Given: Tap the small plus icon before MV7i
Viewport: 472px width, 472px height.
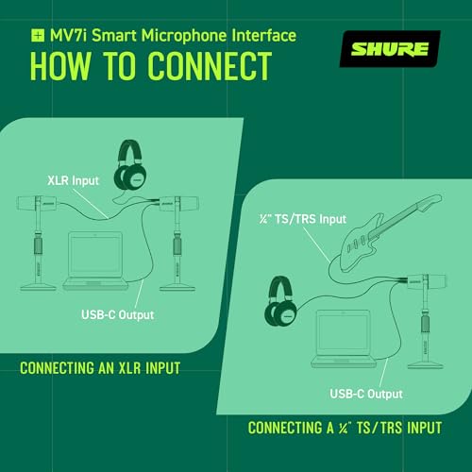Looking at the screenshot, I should (x=37, y=37).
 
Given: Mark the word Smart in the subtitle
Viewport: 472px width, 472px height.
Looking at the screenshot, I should (x=114, y=37).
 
